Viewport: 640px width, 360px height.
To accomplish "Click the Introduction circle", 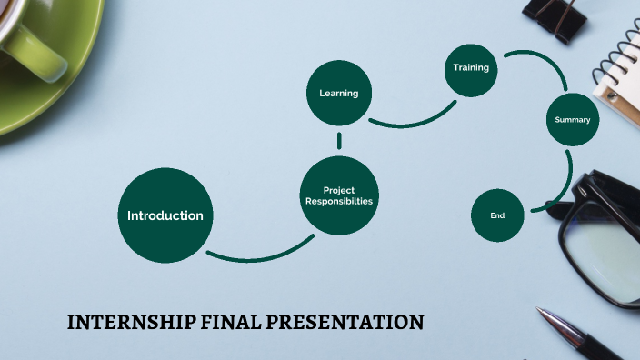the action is coord(165,215).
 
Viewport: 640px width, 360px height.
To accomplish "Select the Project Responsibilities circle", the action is coord(338,195).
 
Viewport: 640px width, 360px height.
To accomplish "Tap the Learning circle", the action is coord(338,93).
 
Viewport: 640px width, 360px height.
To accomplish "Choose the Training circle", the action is coord(472,67).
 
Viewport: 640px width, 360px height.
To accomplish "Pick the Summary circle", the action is coord(573,119).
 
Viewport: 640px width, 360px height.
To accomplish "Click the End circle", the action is coord(497,215).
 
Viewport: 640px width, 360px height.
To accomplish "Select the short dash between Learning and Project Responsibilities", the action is coord(339,141).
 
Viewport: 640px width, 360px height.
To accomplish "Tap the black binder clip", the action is coord(556,18).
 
